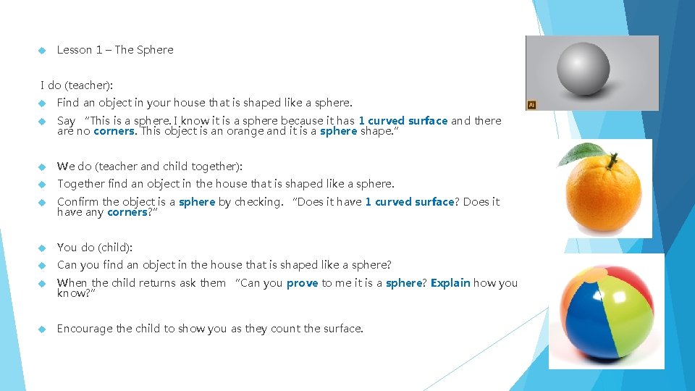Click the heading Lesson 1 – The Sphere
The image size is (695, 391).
coord(115,50)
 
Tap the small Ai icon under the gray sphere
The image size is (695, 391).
coord(531,105)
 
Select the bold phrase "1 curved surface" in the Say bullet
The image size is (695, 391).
coord(403,121)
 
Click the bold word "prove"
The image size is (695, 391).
coord(302,283)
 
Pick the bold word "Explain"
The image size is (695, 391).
coord(450,283)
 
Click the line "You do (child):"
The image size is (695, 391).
coord(95,248)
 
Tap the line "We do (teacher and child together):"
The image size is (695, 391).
coord(150,167)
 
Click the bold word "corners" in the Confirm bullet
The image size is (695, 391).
coord(127,212)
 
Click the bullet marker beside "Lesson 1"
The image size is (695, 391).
coord(43,50)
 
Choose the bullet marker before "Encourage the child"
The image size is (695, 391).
coord(43,329)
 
